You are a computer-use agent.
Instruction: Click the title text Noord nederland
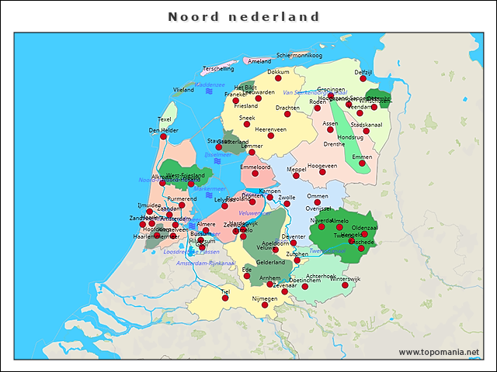(x=244, y=16)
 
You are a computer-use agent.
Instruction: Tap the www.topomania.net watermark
(x=439, y=352)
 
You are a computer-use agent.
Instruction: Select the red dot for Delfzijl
(x=363, y=79)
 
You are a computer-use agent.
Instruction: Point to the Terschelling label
(x=217, y=69)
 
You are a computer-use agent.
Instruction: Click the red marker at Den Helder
(x=163, y=137)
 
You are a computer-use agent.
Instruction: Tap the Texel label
(x=165, y=119)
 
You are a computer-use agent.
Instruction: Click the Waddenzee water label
(x=209, y=84)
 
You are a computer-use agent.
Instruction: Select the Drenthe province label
(x=334, y=144)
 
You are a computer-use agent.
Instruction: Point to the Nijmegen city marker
(x=265, y=305)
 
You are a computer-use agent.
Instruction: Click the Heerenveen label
(x=271, y=129)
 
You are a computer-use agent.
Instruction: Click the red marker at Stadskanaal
(x=367, y=131)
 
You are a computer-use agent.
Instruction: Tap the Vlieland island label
(x=183, y=90)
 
